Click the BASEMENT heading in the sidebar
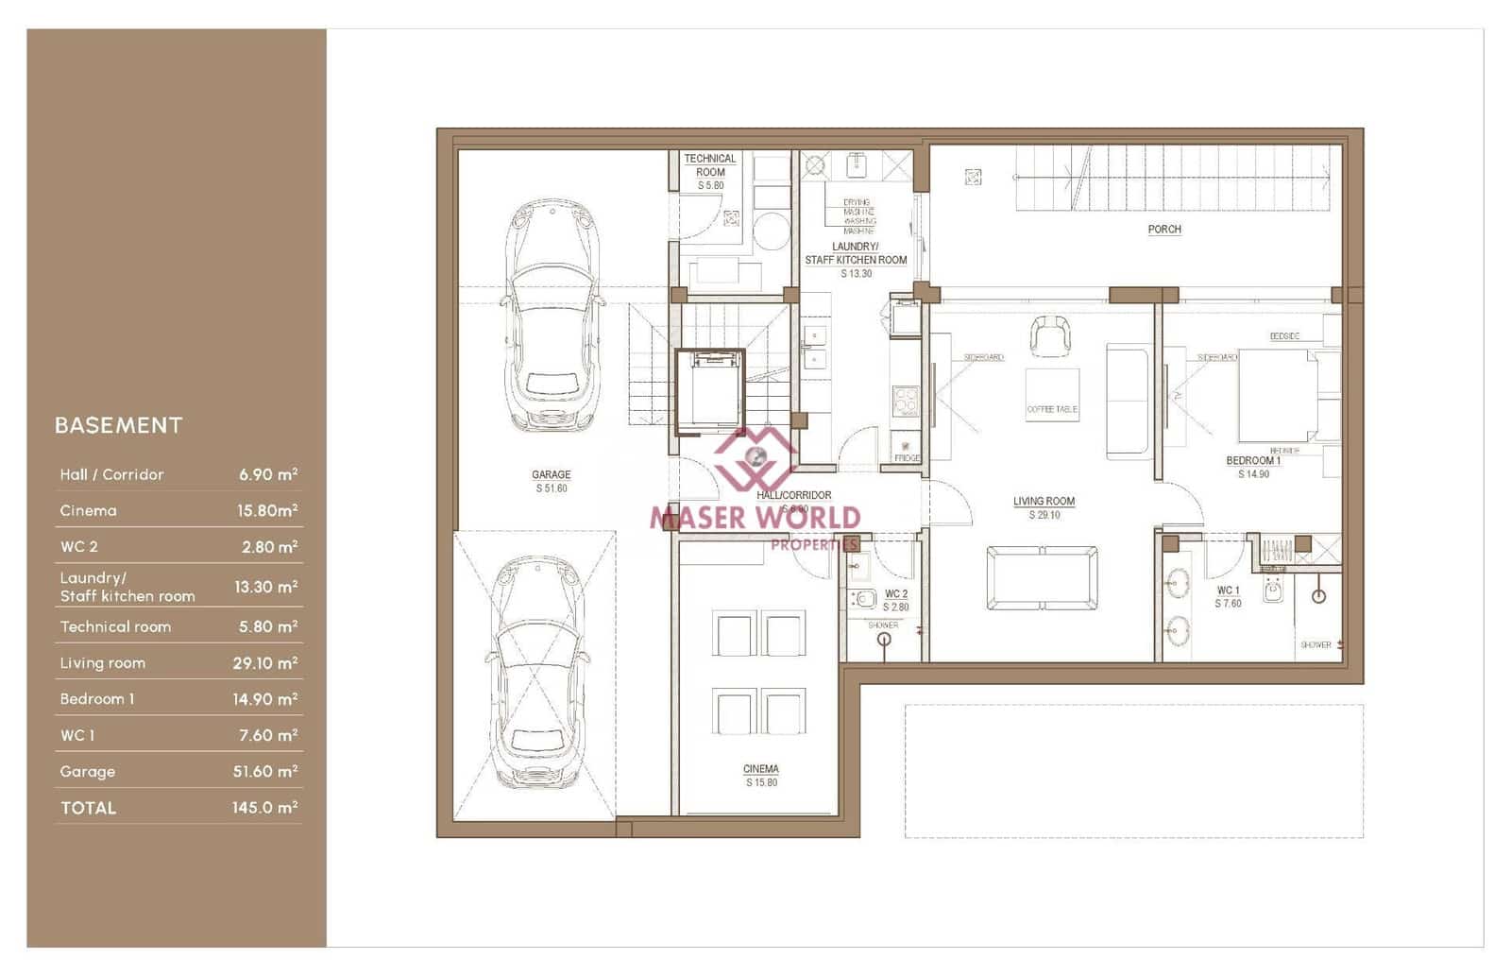pyautogui.click(x=118, y=425)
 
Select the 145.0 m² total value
pyautogui.click(x=264, y=808)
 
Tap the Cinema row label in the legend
pyautogui.click(x=89, y=510)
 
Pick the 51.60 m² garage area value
pyautogui.click(x=264, y=771)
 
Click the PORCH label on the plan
pyautogui.click(x=1163, y=229)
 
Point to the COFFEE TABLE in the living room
pyautogui.click(x=1052, y=395)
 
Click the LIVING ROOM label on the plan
pyautogui.click(x=1044, y=502)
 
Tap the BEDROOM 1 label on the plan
pyautogui.click(x=1253, y=461)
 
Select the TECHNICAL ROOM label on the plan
pyautogui.click(x=710, y=165)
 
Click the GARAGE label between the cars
pyautogui.click(x=551, y=475)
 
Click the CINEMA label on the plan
pyautogui.click(x=761, y=769)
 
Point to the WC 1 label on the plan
pyautogui.click(x=1228, y=591)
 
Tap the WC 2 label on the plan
pyautogui.click(x=895, y=594)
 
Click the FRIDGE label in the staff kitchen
pyautogui.click(x=907, y=457)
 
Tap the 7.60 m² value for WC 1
pyautogui.click(x=267, y=735)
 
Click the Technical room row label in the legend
pyautogui.click(x=115, y=626)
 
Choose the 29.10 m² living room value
pyautogui.click(x=264, y=663)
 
